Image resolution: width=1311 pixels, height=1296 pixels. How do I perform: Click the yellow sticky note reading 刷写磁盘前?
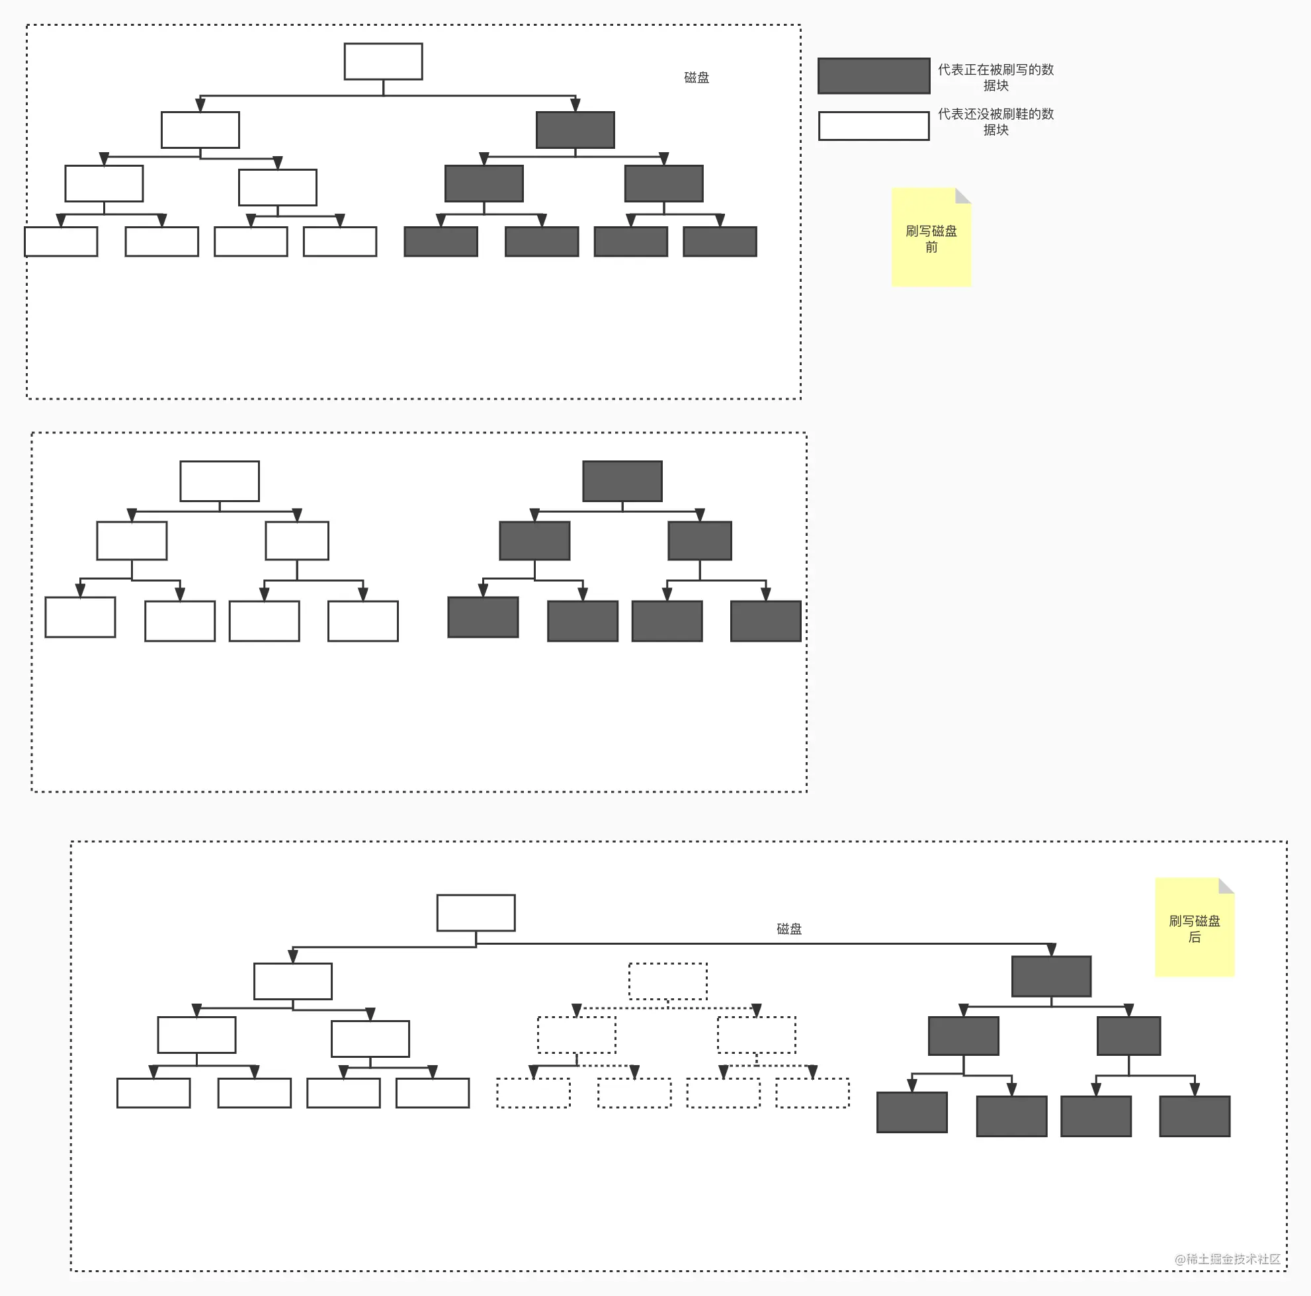tap(931, 238)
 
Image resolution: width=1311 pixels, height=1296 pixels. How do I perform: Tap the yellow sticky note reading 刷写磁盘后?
tap(1195, 928)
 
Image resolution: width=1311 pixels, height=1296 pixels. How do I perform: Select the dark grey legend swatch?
tap(874, 75)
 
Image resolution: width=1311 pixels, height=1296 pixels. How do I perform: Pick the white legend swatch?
tap(874, 126)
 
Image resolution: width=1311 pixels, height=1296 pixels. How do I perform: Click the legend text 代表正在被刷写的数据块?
tap(995, 77)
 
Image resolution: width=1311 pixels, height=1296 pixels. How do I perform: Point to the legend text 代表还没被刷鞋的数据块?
tap(995, 122)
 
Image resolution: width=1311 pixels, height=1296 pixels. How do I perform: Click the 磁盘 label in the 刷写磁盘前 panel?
tap(697, 77)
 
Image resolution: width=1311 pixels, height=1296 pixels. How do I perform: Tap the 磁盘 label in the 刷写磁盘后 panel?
tap(788, 928)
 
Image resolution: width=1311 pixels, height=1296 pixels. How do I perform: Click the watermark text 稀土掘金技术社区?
tap(1233, 1259)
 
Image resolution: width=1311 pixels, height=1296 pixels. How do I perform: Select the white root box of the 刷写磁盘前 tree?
tap(384, 62)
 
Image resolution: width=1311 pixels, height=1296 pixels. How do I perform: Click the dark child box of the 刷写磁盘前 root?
tap(575, 130)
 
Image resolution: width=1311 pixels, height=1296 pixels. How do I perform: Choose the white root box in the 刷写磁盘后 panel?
tap(476, 913)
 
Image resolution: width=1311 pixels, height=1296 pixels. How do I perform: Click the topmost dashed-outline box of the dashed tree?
tap(667, 981)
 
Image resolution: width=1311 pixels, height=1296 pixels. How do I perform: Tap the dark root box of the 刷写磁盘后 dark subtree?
tap(1051, 976)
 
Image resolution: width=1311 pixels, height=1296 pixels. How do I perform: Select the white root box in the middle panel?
tap(219, 481)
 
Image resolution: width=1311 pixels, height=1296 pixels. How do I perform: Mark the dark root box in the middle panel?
tap(622, 481)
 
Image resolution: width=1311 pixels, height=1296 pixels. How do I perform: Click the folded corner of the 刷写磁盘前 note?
tap(964, 195)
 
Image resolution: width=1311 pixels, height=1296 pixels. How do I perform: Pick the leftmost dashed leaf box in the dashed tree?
tap(533, 1092)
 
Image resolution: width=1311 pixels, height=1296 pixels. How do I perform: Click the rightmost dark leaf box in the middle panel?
tap(765, 621)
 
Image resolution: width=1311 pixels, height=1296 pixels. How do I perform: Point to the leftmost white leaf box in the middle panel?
tap(80, 617)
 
